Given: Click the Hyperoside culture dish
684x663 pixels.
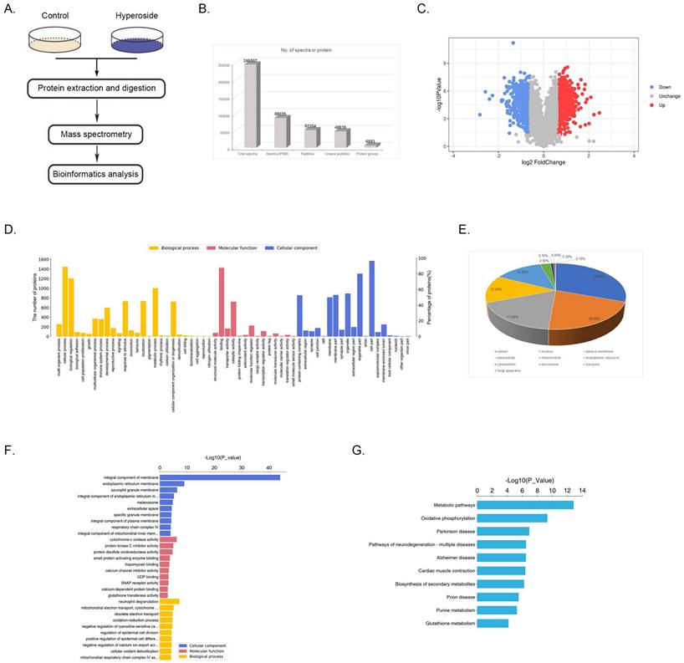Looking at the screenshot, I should (x=135, y=41).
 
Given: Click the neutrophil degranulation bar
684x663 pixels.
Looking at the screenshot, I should (x=170, y=600).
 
